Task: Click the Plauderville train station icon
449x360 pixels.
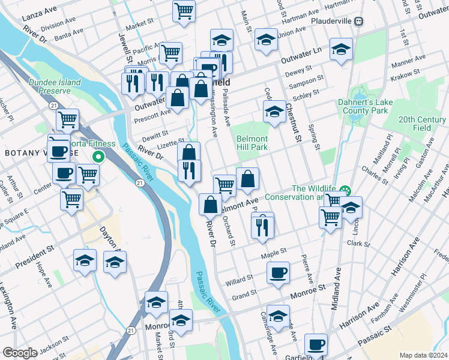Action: click(x=359, y=21)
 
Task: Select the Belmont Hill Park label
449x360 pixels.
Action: click(x=252, y=143)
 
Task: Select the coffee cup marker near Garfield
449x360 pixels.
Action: click(x=316, y=344)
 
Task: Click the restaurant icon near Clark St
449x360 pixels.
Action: click(x=262, y=227)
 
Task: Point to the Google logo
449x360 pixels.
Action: click(x=20, y=353)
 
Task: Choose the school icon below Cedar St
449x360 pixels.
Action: click(x=274, y=111)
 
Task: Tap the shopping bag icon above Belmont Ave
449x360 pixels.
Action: click(x=247, y=178)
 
